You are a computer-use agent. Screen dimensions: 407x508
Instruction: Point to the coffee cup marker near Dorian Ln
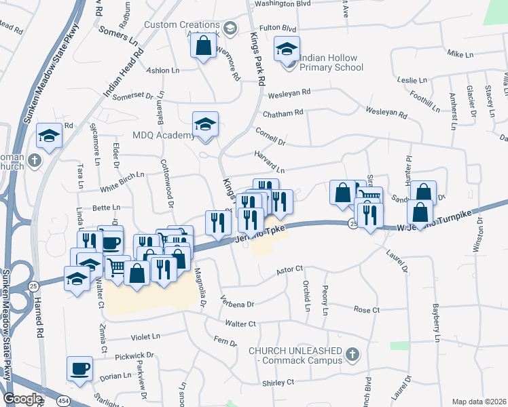(79, 368)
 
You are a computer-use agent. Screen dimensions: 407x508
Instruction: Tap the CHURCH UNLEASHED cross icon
(352, 354)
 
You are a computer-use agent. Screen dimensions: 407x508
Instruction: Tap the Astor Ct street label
(289, 271)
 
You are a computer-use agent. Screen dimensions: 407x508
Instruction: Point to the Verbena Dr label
(238, 303)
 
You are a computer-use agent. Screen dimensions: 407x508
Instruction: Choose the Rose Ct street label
(366, 309)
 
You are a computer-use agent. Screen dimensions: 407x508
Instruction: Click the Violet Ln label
(145, 336)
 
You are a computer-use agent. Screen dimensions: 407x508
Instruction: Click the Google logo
(22, 399)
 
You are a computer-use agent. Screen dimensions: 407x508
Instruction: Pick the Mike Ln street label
(459, 54)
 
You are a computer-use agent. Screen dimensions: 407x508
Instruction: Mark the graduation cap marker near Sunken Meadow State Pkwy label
(50, 135)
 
